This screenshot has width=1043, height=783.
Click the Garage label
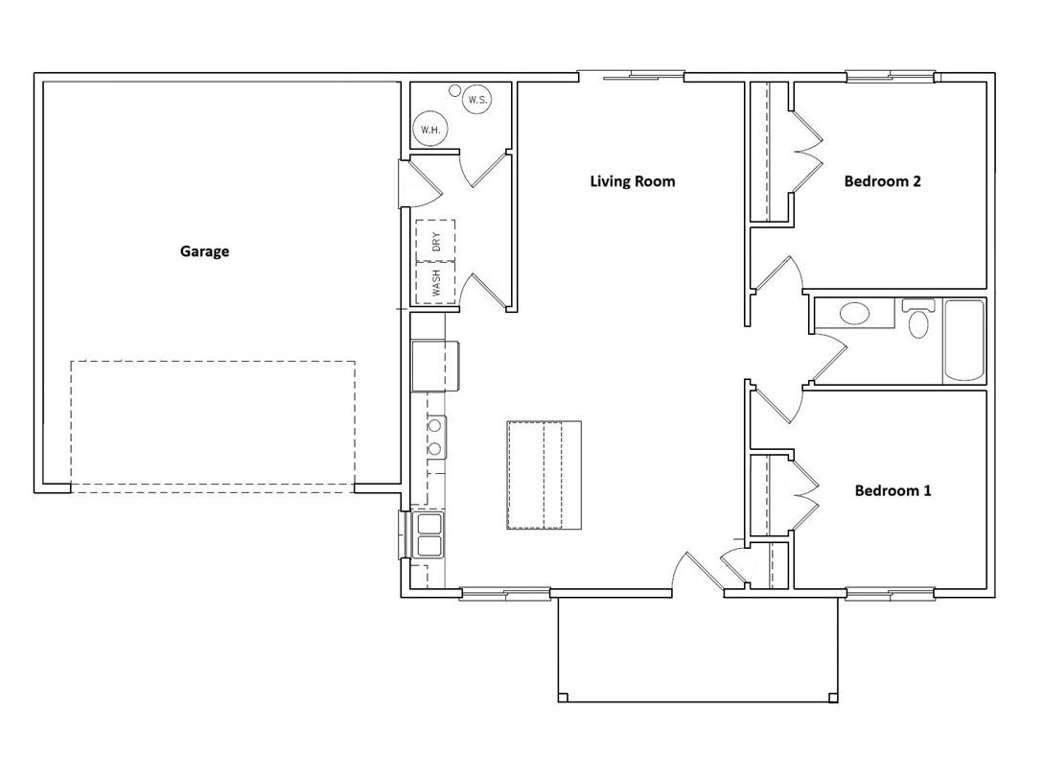[205, 251]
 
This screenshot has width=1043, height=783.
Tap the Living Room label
[633, 181]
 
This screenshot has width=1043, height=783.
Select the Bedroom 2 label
[883, 181]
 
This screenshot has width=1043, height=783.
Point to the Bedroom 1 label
[892, 490]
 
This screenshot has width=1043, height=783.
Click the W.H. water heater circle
[430, 130]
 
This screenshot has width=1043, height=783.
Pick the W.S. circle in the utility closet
[477, 100]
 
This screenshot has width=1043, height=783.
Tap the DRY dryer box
[435, 240]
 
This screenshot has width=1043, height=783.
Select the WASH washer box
[435, 283]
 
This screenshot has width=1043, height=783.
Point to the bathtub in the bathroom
[963, 341]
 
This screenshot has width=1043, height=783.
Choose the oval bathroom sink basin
[854, 314]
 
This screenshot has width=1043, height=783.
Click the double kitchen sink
[429, 534]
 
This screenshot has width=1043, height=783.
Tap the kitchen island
[545, 475]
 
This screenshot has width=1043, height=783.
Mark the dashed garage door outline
[213, 427]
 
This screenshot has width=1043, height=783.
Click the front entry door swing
[698, 571]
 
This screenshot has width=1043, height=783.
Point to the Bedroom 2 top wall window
[891, 77]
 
